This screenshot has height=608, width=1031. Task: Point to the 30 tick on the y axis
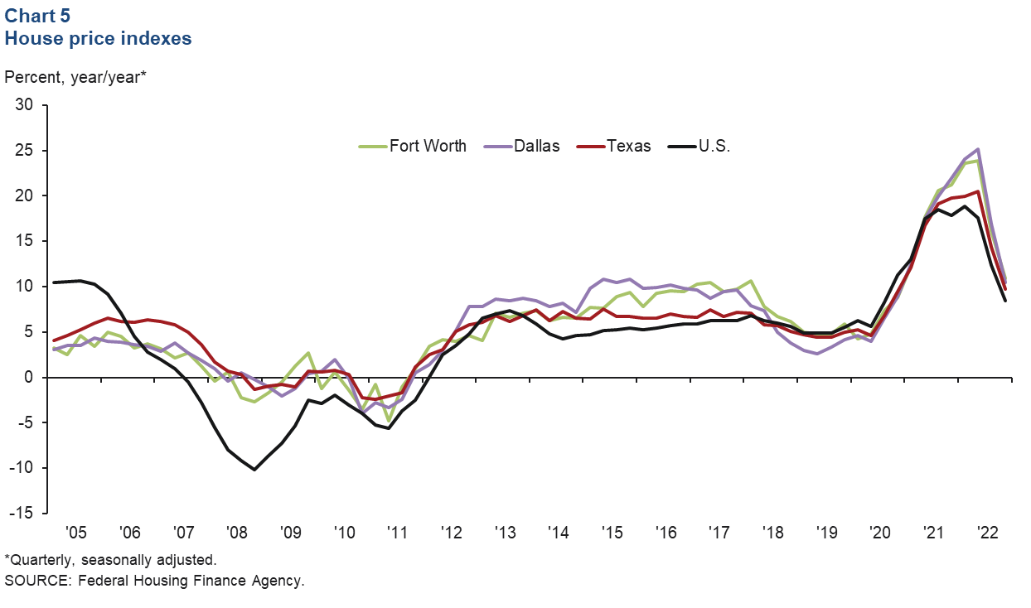point(29,105)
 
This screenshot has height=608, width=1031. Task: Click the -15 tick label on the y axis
point(26,514)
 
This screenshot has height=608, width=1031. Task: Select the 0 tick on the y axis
point(34,378)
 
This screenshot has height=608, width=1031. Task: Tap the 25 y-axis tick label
point(29,151)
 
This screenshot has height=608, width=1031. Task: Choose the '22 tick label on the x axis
point(987,533)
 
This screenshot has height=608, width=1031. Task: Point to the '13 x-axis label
point(505,533)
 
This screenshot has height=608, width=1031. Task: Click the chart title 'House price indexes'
point(99,38)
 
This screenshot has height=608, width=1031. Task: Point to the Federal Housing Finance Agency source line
point(154,581)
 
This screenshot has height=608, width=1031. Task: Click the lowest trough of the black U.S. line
point(254,470)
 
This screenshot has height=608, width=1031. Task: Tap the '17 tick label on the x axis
point(719,533)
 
